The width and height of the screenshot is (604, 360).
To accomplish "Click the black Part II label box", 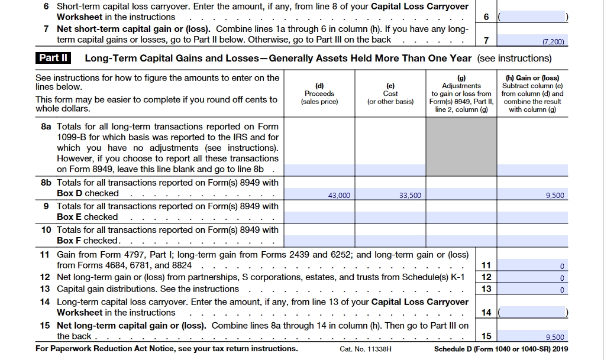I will pyautogui.click(x=54, y=58).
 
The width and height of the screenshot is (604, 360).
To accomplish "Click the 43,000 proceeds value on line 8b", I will pyautogui.click(x=339, y=195).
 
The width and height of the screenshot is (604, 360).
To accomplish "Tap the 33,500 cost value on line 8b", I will pyautogui.click(x=410, y=195).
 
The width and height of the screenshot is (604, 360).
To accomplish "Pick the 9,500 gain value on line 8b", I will pyautogui.click(x=554, y=195).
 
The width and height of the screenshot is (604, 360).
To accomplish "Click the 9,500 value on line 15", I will pyautogui.click(x=554, y=337).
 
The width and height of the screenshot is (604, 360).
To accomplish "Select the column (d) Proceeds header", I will pyautogui.click(x=319, y=93).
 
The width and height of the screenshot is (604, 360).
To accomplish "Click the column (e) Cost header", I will pyautogui.click(x=390, y=93).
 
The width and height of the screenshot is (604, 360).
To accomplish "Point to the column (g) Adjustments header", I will pyautogui.click(x=461, y=93).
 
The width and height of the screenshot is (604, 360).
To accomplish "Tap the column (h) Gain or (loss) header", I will pyautogui.click(x=532, y=93).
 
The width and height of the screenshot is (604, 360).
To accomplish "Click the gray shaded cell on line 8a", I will pyautogui.click(x=461, y=148).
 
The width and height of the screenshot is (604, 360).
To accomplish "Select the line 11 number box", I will pyautogui.click(x=486, y=265).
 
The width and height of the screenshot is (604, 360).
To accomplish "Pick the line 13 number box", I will pyautogui.click(x=486, y=288).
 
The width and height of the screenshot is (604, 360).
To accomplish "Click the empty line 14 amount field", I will pyautogui.click(x=532, y=312).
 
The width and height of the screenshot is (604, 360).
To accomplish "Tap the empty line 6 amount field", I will pyautogui.click(x=532, y=17).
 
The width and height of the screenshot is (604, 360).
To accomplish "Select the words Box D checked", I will pyautogui.click(x=88, y=193).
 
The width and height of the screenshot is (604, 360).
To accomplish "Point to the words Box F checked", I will pyautogui.click(x=88, y=241).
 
